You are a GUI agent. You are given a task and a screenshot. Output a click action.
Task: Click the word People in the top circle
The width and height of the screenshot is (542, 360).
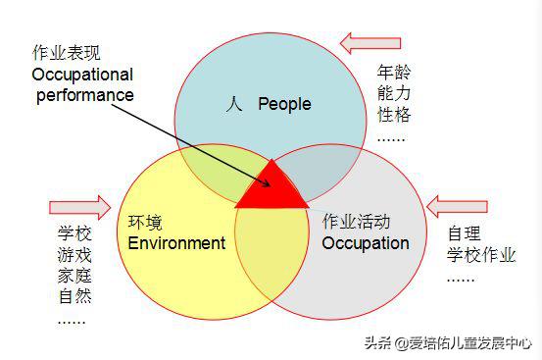[x=284, y=105]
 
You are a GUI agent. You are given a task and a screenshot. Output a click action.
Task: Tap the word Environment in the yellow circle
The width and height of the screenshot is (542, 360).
[x=176, y=242]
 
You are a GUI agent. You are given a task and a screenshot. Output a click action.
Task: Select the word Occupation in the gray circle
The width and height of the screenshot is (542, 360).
[x=365, y=242]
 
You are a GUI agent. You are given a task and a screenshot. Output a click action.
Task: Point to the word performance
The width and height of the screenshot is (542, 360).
[x=85, y=95]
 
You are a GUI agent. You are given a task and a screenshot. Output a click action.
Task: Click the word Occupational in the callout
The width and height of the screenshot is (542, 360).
[x=82, y=74]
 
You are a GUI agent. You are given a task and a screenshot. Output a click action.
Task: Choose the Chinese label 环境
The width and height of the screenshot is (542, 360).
[x=145, y=221]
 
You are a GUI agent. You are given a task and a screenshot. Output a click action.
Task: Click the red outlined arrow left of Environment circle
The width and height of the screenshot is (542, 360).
[x=79, y=207]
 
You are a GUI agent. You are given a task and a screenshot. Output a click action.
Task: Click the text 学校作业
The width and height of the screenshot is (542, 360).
[x=481, y=256]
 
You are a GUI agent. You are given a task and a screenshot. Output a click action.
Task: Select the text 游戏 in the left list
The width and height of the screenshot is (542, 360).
[x=74, y=255]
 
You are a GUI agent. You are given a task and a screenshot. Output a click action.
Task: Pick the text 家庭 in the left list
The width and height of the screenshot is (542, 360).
[x=74, y=276]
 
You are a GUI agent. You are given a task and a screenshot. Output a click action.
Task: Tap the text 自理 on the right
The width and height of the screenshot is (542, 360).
[x=464, y=234]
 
